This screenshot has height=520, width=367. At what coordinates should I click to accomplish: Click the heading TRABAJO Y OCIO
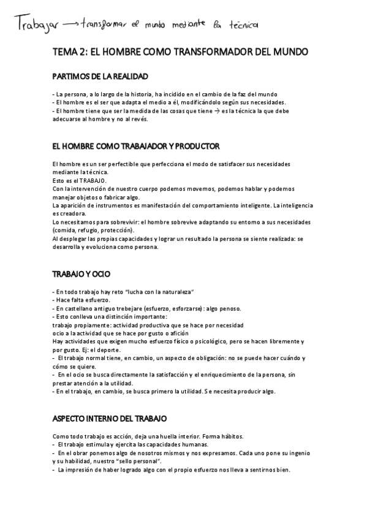coord(81,272)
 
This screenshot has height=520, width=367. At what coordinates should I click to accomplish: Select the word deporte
coord(94,349)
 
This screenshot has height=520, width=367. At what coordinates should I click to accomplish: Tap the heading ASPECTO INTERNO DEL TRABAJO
coord(110,418)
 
